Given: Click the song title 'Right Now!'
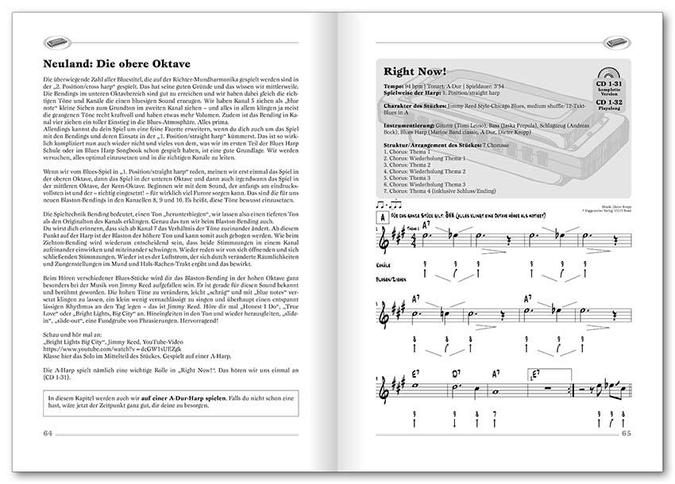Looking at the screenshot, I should click(x=415, y=70).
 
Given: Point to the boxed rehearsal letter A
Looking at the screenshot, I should click(x=383, y=215).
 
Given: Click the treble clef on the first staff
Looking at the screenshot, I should click(x=388, y=238).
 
